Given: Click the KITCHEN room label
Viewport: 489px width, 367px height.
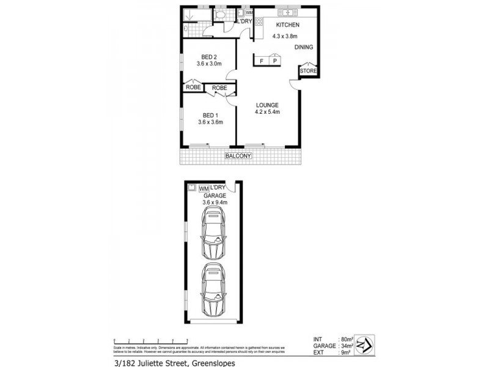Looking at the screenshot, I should [287, 25].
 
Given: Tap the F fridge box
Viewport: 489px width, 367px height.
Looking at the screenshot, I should [262, 61].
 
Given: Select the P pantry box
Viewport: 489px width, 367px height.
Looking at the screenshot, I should [275, 61].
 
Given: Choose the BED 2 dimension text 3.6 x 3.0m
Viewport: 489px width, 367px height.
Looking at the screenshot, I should [208, 64].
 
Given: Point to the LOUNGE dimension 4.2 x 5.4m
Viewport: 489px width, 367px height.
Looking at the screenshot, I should [267, 112].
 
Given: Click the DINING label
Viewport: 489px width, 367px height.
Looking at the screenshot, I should [304, 47].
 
